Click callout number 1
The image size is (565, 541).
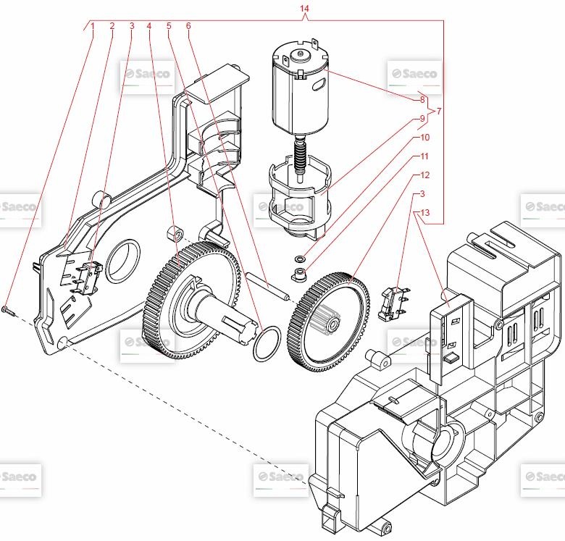(x=93, y=26)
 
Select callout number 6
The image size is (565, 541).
(x=188, y=26)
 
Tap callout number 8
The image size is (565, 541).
(x=422, y=99)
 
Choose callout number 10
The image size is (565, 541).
(x=424, y=137)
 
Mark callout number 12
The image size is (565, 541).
(x=424, y=175)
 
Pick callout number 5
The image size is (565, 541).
(x=169, y=26)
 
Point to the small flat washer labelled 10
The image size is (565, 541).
(x=299, y=258)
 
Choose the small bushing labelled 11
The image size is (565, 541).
(x=297, y=274)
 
